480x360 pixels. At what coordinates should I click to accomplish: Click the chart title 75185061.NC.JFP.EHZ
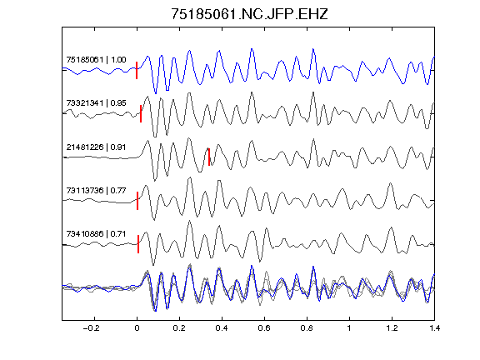[249, 14]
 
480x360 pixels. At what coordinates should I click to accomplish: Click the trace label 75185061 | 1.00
[96, 59]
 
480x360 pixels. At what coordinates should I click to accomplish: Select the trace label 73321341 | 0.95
[96, 102]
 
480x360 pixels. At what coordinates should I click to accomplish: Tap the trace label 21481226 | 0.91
[96, 147]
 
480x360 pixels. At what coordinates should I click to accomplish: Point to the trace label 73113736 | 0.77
[96, 190]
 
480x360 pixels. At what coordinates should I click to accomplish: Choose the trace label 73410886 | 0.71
[96, 234]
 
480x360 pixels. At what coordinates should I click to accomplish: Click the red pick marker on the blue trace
[137, 70]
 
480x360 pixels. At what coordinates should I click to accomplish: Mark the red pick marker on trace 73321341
[141, 113]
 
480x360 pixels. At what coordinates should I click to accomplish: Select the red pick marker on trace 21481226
[209, 157]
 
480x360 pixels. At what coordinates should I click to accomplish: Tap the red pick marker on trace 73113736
[137, 201]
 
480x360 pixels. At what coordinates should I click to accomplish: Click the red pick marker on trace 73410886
[138, 244]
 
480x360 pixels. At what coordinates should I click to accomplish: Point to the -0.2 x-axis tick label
[92, 328]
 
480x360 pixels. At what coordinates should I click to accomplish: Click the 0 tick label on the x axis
[137, 328]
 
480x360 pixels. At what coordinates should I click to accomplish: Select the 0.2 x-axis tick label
[179, 328]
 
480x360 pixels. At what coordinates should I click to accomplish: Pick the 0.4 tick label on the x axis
[222, 328]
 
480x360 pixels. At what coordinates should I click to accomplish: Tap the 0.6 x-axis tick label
[264, 328]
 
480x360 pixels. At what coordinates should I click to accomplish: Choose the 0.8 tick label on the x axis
[307, 328]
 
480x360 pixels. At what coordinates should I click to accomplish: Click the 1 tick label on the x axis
[349, 328]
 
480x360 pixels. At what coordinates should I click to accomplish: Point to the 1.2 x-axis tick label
[392, 328]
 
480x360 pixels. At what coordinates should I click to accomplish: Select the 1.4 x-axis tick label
[434, 328]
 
